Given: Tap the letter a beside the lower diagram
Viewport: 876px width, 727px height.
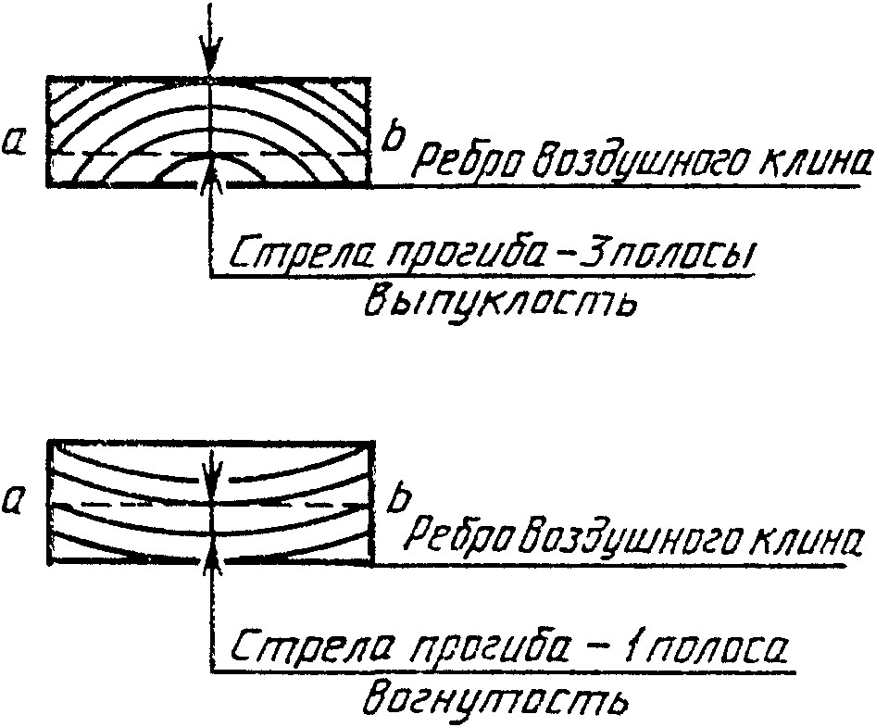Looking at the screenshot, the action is (x=16, y=503).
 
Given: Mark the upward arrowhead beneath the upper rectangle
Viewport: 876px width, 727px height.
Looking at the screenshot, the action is (x=213, y=169).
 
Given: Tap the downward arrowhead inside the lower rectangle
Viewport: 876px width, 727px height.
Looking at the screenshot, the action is (x=213, y=472).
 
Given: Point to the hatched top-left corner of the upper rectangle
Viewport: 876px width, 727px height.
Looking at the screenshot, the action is (x=65, y=92).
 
